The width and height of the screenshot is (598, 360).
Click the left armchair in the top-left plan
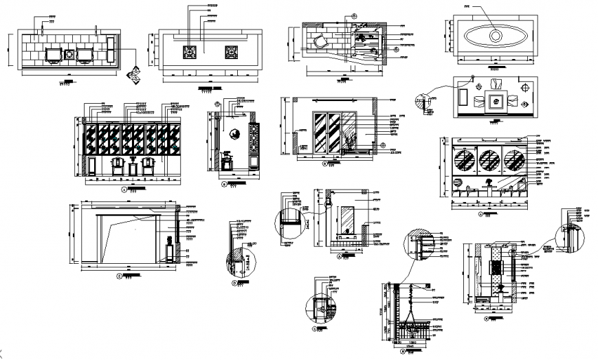point(52,54)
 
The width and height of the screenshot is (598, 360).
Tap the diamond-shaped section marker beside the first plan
point(135,74)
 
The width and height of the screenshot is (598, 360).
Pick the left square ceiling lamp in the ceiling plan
point(190,52)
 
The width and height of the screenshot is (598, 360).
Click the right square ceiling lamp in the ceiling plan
point(232,52)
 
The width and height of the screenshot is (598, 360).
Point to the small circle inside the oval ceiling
point(495,34)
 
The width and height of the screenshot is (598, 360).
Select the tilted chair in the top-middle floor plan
point(321,41)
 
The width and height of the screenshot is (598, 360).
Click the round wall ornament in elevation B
point(234,135)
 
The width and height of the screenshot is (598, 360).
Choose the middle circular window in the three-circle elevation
point(491,159)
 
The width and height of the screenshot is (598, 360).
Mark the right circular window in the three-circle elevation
point(516,159)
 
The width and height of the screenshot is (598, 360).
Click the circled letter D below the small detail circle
point(234,282)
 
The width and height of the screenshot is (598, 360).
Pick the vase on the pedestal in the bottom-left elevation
point(170,240)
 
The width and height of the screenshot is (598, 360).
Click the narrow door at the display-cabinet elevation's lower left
point(91,166)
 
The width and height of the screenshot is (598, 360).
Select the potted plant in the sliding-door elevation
point(353,143)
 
